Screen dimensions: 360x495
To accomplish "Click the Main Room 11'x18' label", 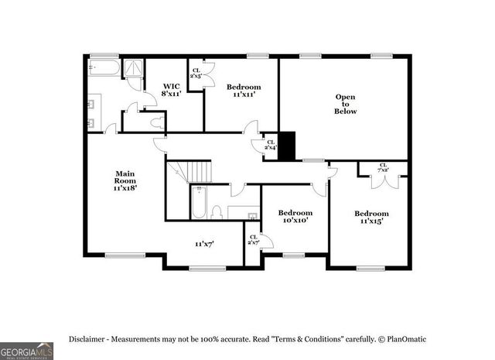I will [125, 180].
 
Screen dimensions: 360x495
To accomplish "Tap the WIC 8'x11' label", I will [171, 89].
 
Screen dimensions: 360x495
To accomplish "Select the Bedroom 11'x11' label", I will [244, 91].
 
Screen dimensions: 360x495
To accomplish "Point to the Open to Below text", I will [345, 104].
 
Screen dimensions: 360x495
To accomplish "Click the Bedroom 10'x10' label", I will [295, 216].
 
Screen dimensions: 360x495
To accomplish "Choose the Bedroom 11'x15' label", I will [371, 217].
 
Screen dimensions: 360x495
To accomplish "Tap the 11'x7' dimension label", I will [204, 244].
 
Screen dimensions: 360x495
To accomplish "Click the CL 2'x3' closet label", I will [195, 74].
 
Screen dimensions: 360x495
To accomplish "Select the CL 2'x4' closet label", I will [270, 144].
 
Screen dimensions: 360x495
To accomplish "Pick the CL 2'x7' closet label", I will [253, 239].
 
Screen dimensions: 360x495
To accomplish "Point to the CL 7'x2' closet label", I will [383, 166].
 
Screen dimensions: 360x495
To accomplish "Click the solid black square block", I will [287, 146].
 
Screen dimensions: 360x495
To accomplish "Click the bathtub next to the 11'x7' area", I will [198, 204].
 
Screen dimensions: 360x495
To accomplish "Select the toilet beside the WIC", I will [158, 122].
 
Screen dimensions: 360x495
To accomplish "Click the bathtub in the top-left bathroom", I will [104, 69].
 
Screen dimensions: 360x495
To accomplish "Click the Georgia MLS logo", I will [27, 350].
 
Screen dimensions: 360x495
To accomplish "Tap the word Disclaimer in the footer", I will [86, 339].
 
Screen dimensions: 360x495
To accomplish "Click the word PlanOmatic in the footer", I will [406, 339].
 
